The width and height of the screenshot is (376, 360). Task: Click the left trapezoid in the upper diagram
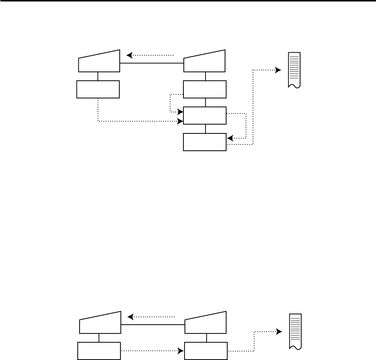point(99,63)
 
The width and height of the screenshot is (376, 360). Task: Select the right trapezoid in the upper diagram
point(204,63)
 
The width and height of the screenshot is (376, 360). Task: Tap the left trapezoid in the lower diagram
point(100,325)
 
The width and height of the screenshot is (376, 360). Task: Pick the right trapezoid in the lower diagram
point(205,325)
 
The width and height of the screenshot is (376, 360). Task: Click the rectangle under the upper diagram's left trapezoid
point(98,90)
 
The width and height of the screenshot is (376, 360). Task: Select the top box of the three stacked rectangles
point(205,90)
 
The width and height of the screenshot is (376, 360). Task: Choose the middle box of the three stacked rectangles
point(205,116)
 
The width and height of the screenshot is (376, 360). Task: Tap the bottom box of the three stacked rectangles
point(205,142)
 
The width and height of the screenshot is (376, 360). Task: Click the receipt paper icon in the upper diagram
point(294,70)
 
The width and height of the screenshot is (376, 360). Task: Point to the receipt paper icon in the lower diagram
point(295,332)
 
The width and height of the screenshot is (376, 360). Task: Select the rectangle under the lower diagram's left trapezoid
point(99,351)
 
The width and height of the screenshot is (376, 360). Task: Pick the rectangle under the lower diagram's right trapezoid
point(206,351)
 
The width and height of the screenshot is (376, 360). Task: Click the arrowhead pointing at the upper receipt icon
point(278,70)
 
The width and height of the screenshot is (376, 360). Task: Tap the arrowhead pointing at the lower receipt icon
point(280,332)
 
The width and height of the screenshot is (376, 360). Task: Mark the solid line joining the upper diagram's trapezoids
point(152,63)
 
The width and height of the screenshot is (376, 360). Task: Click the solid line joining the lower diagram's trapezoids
point(153,325)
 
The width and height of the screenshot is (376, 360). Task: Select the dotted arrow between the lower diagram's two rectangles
point(152,351)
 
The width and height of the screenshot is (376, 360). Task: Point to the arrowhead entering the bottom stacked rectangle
point(230,139)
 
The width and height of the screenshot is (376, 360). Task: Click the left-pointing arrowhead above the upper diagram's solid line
point(129,55)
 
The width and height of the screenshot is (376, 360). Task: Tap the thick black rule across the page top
point(188,1)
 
